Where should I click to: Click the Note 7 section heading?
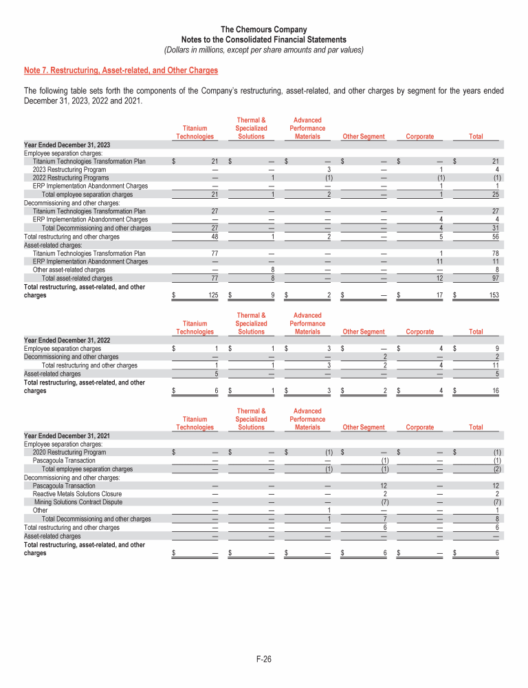coord(121,70)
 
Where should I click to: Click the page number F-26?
coord(264,660)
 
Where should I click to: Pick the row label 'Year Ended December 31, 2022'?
coord(68,340)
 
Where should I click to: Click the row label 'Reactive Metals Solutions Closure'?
coord(77,494)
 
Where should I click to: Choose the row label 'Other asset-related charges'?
coord(69,270)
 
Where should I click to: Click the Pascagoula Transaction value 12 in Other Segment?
coord(386,486)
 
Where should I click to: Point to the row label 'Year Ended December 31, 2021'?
coord(68,436)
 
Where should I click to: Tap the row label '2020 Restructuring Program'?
coord(69,452)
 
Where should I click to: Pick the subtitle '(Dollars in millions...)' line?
coord(264,50)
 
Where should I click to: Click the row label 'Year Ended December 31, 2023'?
coord(68,144)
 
